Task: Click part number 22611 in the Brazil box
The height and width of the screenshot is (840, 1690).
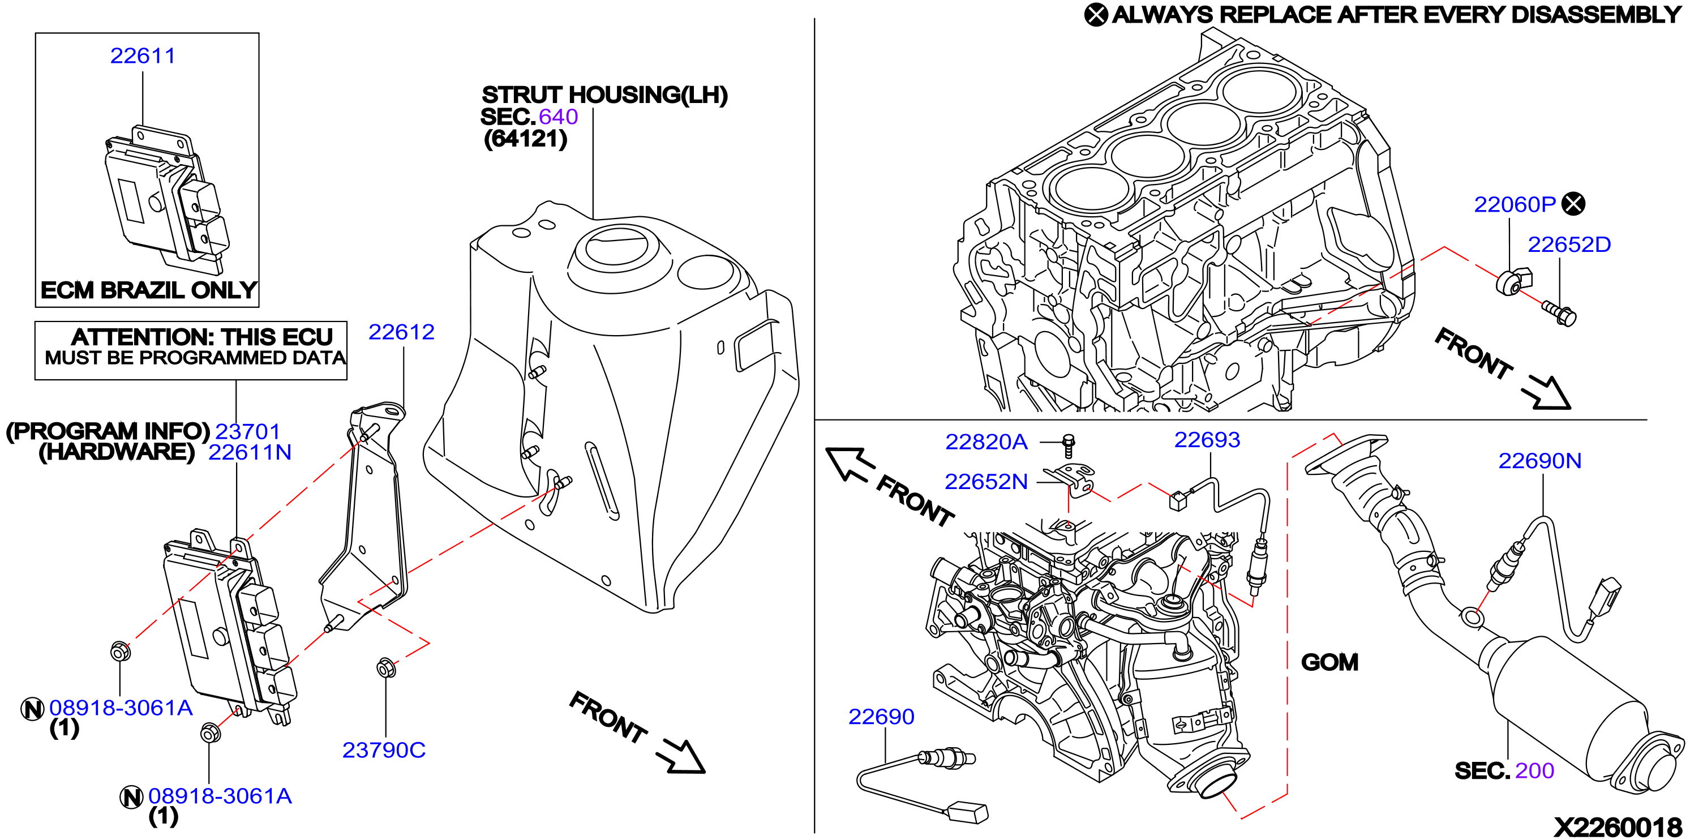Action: pyautogui.click(x=143, y=56)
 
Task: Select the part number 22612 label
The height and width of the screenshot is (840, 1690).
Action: pyautogui.click(x=401, y=332)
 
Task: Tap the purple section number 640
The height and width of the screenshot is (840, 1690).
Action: pyautogui.click(x=558, y=117)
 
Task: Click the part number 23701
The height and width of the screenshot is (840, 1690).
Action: pyautogui.click(x=248, y=431)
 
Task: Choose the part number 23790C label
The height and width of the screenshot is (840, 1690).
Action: pyautogui.click(x=384, y=750)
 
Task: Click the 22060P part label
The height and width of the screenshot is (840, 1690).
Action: pyautogui.click(x=1515, y=205)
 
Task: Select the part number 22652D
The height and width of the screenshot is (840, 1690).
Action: pyautogui.click(x=1569, y=245)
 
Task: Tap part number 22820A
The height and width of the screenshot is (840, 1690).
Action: pyautogui.click(x=986, y=442)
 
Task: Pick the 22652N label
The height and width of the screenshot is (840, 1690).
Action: pyautogui.click(x=986, y=482)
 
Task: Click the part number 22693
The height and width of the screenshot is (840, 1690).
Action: pyautogui.click(x=1207, y=440)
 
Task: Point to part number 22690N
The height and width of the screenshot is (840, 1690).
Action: pyautogui.click(x=1540, y=461)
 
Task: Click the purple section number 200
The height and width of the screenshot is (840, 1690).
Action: pyautogui.click(x=1534, y=770)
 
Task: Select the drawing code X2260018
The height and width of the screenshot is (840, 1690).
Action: pyautogui.click(x=1618, y=827)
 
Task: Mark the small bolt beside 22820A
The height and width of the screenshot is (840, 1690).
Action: pyautogui.click(x=1068, y=445)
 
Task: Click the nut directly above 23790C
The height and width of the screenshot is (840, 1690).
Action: pyautogui.click(x=387, y=668)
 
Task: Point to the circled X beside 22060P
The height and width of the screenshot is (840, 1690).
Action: pyautogui.click(x=1573, y=204)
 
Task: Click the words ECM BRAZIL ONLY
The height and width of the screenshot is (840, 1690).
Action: pyautogui.click(x=149, y=290)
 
